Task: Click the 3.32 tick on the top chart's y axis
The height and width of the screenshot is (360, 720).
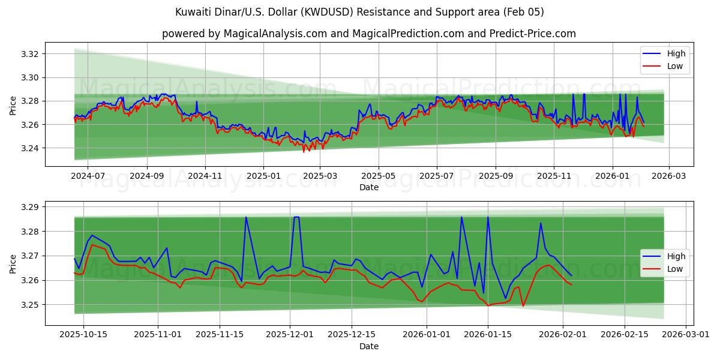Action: pos(30,54)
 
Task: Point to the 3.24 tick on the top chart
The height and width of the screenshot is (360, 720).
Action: pos(30,148)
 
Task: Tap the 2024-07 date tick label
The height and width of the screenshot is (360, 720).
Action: pos(88,176)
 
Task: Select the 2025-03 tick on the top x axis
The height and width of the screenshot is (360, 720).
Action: pos(320,176)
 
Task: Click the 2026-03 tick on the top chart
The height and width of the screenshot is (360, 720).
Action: pos(669,176)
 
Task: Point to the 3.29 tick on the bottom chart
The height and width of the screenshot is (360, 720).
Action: pos(30,207)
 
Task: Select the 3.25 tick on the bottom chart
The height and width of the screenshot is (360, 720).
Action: pos(30,305)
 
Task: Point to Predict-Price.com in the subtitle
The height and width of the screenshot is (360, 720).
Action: pos(534,34)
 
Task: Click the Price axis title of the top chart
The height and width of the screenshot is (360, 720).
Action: pos(13,106)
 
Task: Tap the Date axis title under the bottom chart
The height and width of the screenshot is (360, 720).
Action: pos(368,346)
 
